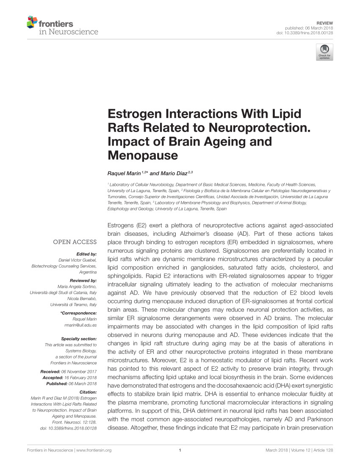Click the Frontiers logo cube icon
[x=32, y=22]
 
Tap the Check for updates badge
[x=324, y=52]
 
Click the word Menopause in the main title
[x=143, y=155]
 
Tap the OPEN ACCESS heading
[x=75, y=242]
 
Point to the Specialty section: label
[x=79, y=339]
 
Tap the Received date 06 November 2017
[x=81, y=372]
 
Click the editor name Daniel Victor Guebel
[x=78, y=260]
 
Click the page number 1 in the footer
[x=180, y=450]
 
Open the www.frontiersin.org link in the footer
[x=94, y=450]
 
